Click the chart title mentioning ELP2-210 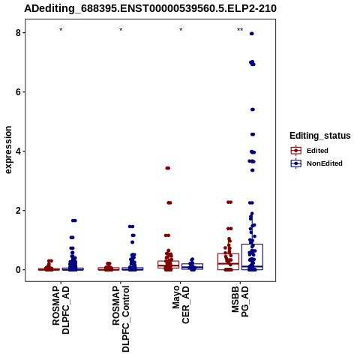point(150,8)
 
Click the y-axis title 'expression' point(8,150)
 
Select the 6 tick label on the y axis point(19,92)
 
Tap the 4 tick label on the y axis point(19,151)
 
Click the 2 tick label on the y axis point(19,211)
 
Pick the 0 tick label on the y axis point(19,270)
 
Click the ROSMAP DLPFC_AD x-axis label point(61,310)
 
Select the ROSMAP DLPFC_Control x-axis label point(121,319)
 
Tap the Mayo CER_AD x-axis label point(181,304)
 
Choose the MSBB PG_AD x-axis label point(240,301)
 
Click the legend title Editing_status point(320,136)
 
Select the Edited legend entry point(310,151)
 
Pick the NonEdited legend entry point(316,163)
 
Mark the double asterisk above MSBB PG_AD point(240,30)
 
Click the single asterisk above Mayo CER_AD point(181,30)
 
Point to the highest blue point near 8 point(252,34)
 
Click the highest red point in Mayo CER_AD point(168,168)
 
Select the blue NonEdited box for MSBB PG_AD point(252,244)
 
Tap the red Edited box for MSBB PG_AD point(228,253)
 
